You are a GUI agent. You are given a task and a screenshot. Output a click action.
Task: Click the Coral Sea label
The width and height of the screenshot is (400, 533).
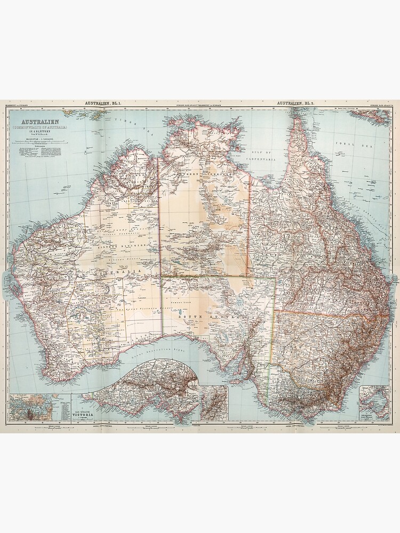pos(346,144)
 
